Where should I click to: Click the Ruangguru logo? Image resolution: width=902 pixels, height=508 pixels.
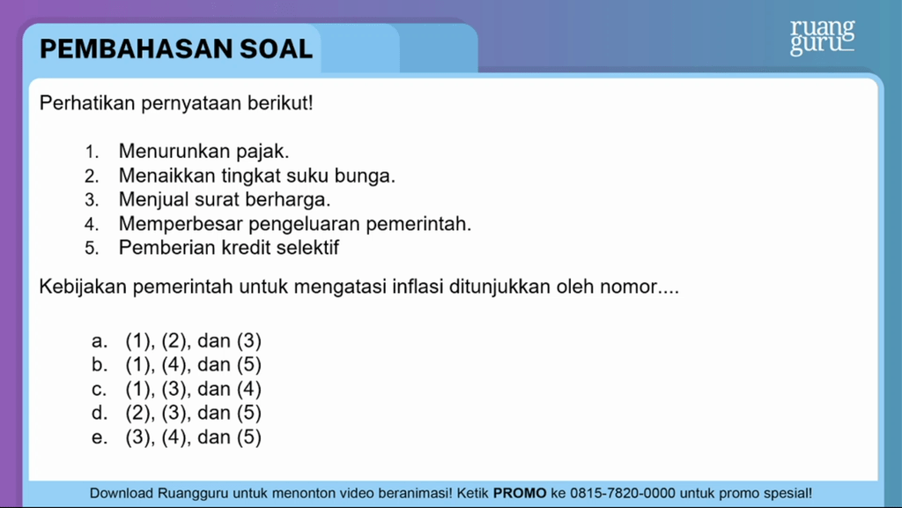(822, 37)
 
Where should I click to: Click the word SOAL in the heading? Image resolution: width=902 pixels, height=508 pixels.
(276, 49)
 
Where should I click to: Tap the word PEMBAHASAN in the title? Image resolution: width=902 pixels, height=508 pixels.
(137, 49)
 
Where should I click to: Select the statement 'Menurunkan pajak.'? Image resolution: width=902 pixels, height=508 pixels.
(203, 152)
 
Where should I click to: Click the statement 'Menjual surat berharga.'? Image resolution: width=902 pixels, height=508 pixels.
(225, 200)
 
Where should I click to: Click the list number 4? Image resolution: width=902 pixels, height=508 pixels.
(92, 224)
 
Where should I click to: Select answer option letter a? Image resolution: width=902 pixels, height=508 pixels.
(99, 341)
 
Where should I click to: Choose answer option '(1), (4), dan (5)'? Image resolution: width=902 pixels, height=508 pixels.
(193, 364)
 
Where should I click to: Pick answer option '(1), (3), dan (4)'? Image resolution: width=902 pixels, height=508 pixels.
(193, 389)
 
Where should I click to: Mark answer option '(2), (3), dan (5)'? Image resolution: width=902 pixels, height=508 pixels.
(193, 413)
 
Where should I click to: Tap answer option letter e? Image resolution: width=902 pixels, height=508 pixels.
(99, 437)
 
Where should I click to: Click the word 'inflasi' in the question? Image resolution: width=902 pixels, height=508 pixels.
(418, 287)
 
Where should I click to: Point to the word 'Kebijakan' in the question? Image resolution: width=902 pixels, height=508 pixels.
(83, 287)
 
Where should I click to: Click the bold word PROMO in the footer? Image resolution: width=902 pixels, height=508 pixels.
(520, 494)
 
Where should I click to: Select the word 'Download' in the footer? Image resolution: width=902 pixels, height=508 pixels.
(122, 494)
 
